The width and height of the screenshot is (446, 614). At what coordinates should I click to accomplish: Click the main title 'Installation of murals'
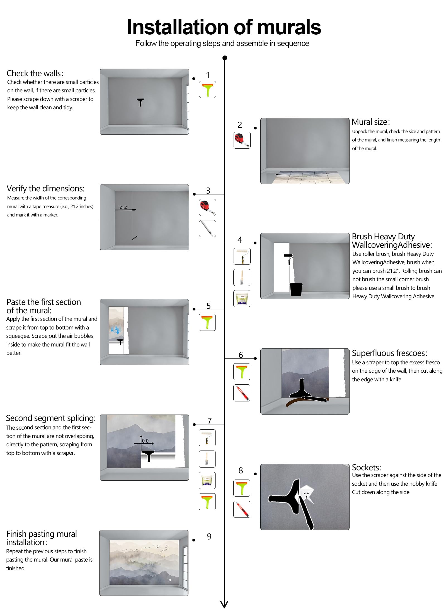(x=224, y=27)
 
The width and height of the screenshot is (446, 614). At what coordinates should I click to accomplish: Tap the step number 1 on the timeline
(x=208, y=75)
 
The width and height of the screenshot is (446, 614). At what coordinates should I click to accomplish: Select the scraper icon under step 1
(x=207, y=89)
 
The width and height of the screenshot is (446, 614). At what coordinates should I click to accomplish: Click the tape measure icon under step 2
(x=242, y=140)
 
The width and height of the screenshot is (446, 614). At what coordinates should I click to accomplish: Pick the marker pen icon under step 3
(x=207, y=228)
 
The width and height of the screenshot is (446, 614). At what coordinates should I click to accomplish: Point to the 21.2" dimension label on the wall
(x=124, y=207)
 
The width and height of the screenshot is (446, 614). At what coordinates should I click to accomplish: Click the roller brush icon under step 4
(x=242, y=256)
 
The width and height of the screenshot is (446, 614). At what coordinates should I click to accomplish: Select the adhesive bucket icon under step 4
(x=242, y=298)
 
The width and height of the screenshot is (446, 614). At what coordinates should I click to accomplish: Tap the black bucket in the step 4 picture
(x=296, y=289)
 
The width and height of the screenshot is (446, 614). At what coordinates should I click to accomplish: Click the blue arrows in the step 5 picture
(x=115, y=330)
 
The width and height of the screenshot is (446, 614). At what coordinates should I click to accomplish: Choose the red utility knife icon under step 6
(x=242, y=393)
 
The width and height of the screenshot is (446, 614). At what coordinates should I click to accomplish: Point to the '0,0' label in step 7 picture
(x=145, y=441)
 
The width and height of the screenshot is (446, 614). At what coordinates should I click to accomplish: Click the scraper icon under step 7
(x=207, y=502)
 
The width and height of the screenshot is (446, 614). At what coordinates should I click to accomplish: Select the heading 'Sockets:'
(x=367, y=468)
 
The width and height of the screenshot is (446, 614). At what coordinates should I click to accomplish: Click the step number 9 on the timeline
(x=209, y=536)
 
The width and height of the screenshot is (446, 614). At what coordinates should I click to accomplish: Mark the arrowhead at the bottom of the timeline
(x=224, y=604)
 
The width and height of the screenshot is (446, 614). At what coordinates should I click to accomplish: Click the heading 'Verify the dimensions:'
(x=45, y=189)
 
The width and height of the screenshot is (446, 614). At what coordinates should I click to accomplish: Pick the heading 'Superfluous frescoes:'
(x=389, y=353)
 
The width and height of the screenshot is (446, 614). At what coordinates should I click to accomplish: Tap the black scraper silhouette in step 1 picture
(x=140, y=102)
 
